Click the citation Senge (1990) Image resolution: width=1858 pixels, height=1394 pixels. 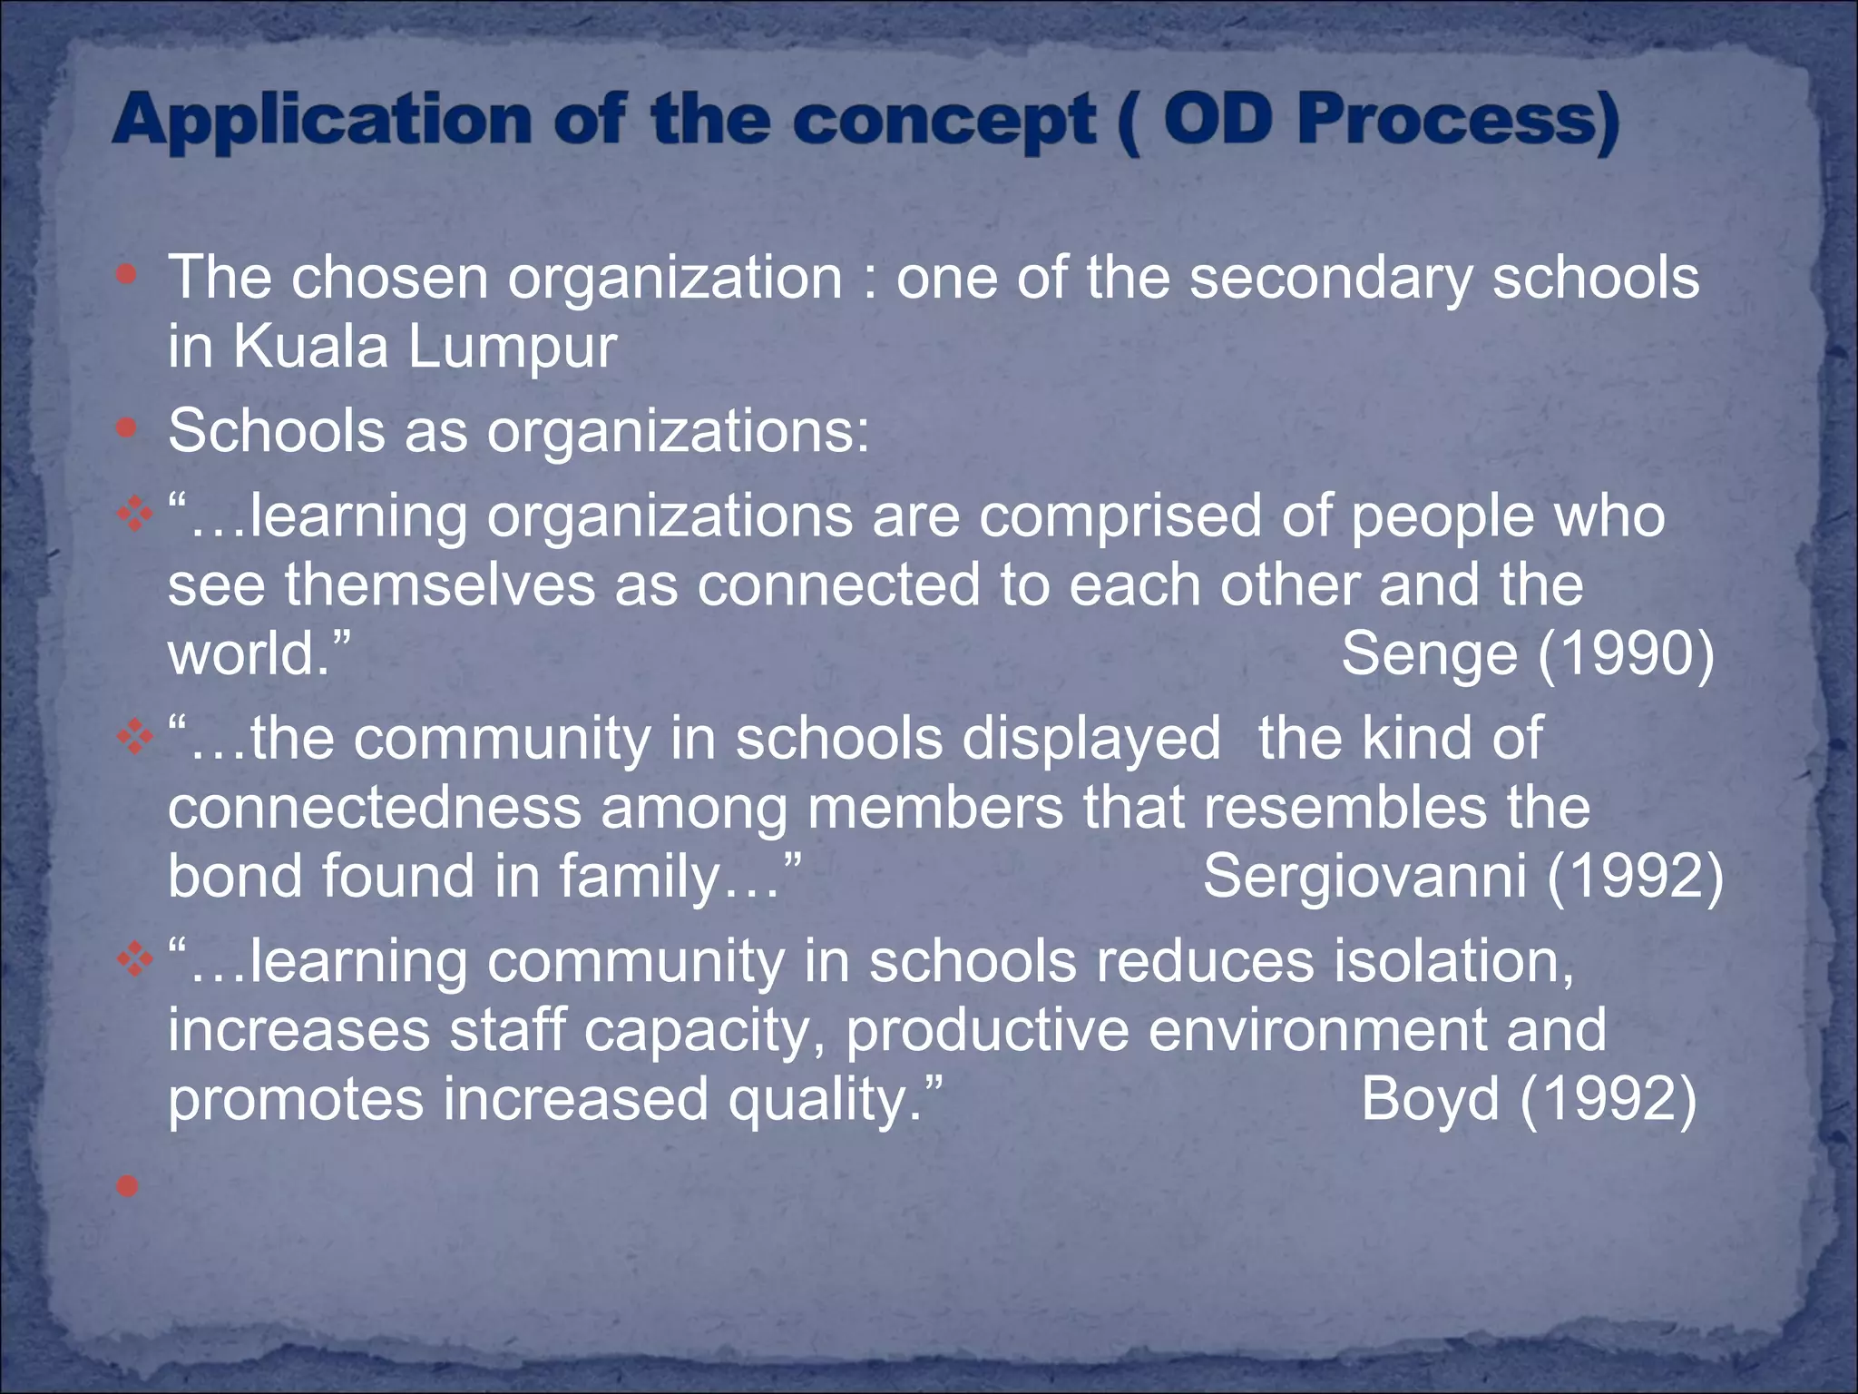(x=1528, y=653)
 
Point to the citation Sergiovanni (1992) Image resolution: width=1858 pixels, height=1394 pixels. (x=1462, y=877)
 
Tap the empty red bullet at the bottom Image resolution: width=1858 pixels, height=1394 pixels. (x=128, y=1185)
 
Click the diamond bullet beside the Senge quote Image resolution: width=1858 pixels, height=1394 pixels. (x=134, y=515)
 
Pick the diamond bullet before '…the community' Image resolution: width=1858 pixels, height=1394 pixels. (x=134, y=737)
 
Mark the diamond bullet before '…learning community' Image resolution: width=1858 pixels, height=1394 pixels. (x=134, y=959)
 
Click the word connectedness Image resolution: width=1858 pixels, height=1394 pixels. (x=374, y=808)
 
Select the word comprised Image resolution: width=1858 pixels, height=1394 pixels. (x=1120, y=517)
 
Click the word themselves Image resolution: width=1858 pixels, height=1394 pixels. (x=440, y=585)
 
